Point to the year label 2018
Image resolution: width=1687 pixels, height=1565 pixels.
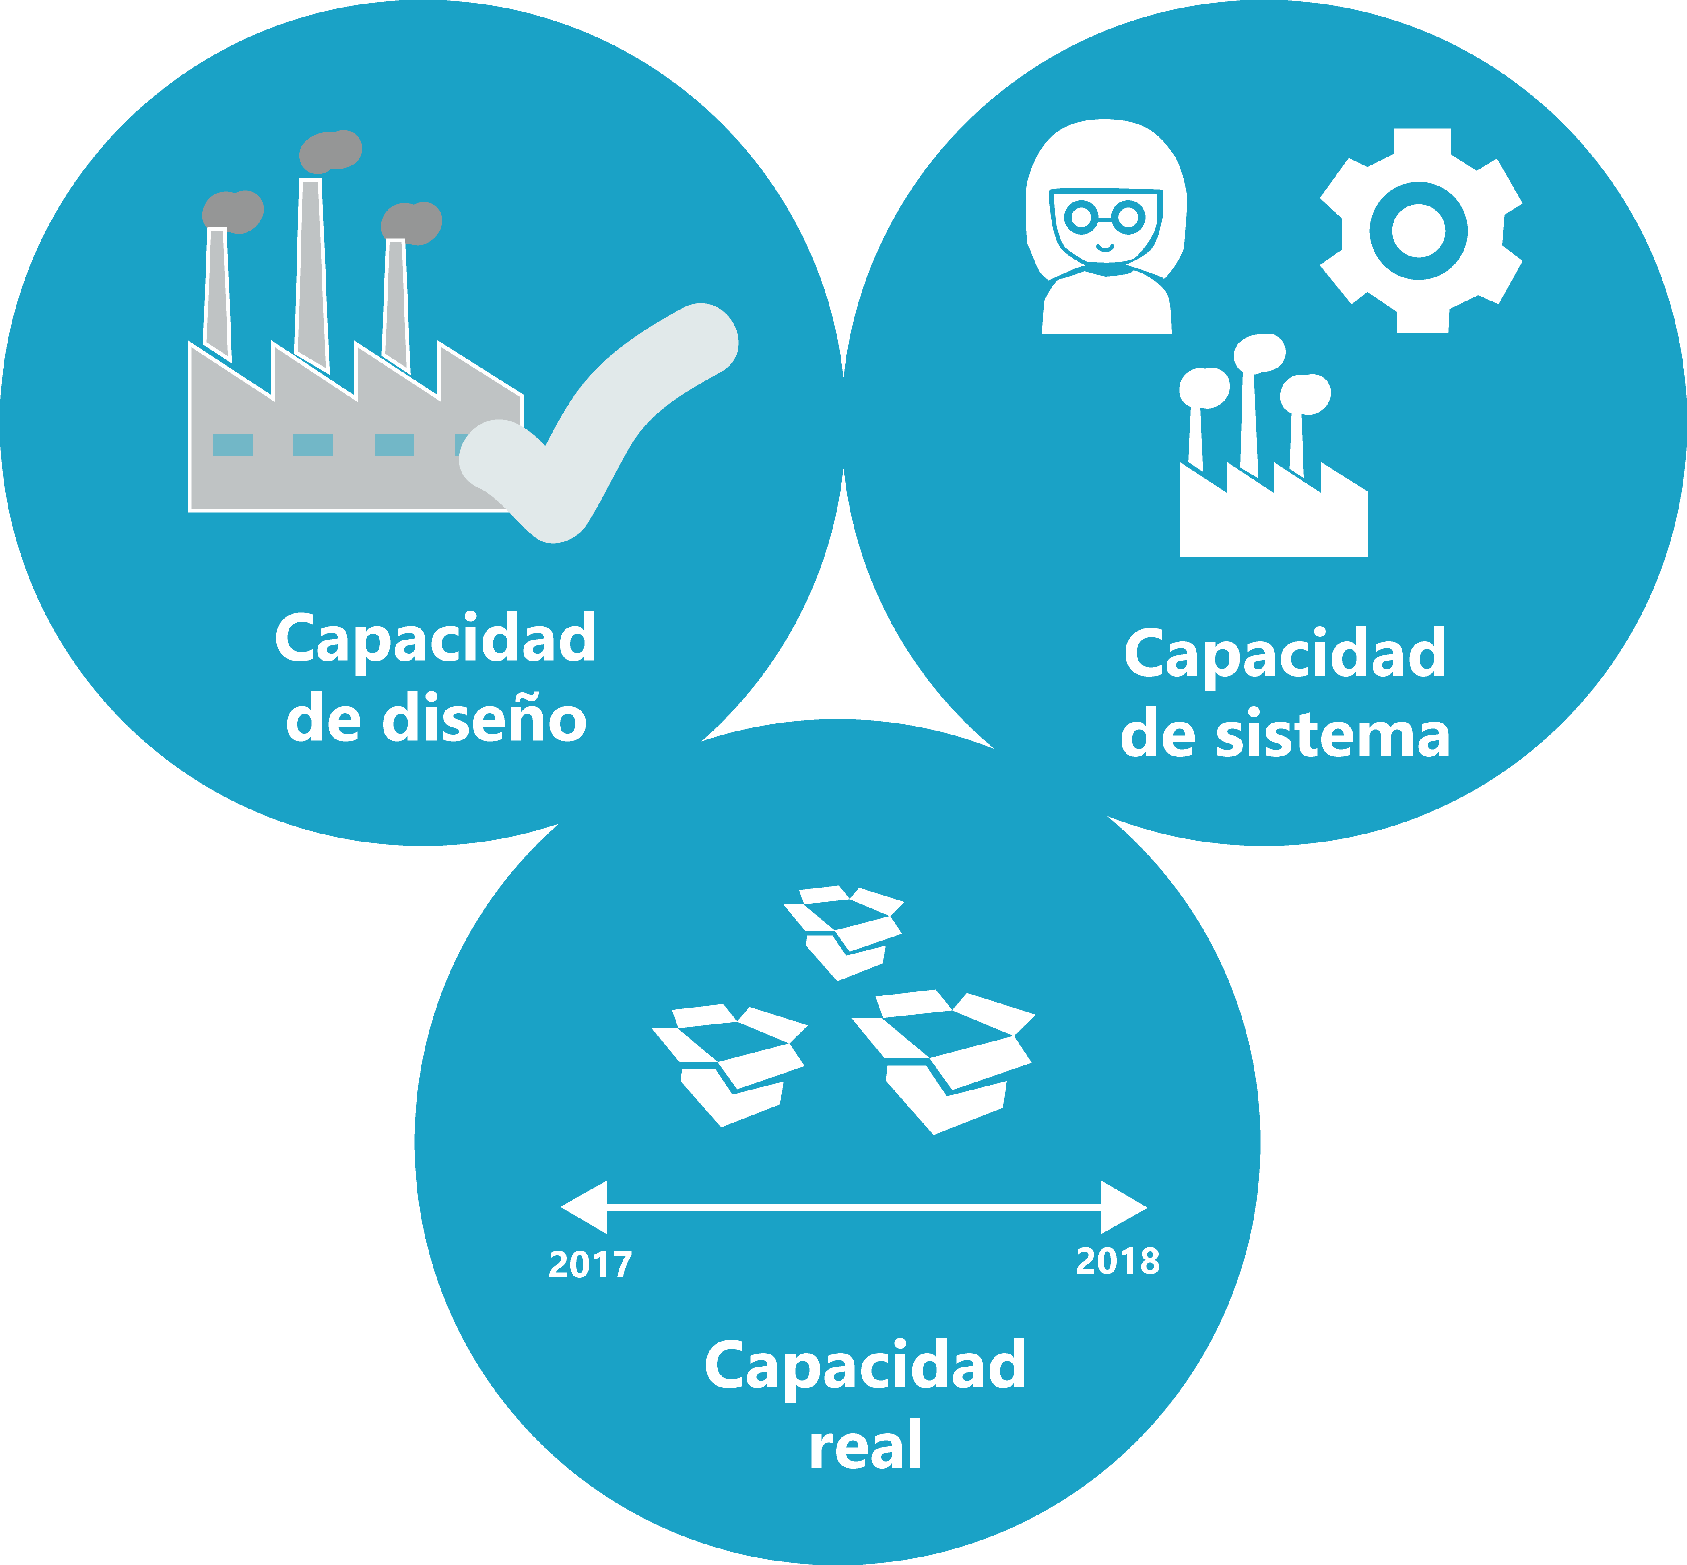pos(1117,1261)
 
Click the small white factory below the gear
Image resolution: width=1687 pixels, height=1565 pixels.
pos(1273,508)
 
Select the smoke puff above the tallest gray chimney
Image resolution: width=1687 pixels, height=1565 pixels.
pos(330,151)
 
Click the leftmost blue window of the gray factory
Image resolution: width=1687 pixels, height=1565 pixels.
pos(233,445)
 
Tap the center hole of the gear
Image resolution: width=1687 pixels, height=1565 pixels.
pos(1419,230)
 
